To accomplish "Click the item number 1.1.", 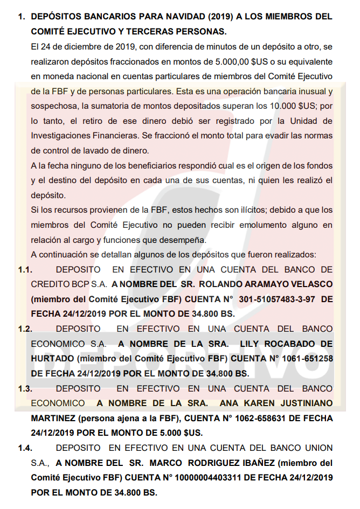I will coord(25,269).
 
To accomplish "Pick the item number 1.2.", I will coord(25,329).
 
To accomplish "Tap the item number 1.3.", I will coord(25,388).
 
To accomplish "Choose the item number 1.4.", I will coord(25,448).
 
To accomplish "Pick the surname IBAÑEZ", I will coord(231,463).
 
